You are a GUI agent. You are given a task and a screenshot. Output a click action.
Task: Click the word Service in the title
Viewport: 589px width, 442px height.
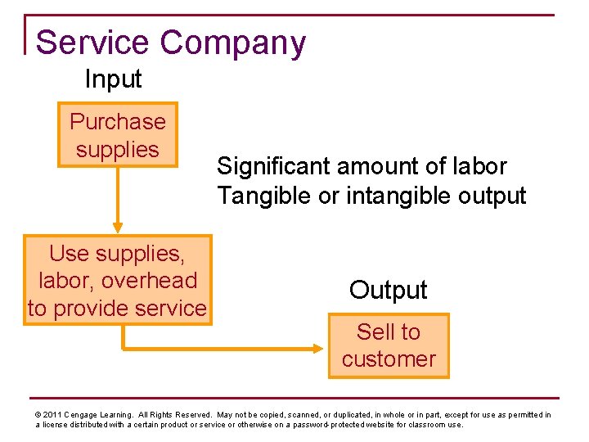(86, 43)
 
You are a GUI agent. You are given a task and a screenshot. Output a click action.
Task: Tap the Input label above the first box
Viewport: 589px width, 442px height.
(113, 79)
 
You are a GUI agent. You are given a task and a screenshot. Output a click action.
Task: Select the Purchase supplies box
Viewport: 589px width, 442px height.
(117, 135)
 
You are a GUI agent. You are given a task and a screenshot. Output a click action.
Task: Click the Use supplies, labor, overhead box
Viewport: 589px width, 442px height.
(117, 280)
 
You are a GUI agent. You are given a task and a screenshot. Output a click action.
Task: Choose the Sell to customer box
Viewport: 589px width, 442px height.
(389, 345)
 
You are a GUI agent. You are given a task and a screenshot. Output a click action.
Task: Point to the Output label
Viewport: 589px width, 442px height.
(388, 290)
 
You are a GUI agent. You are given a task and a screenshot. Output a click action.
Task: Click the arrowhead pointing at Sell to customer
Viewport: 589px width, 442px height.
(321, 347)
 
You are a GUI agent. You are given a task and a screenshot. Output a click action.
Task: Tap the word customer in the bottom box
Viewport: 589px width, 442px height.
(389, 359)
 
